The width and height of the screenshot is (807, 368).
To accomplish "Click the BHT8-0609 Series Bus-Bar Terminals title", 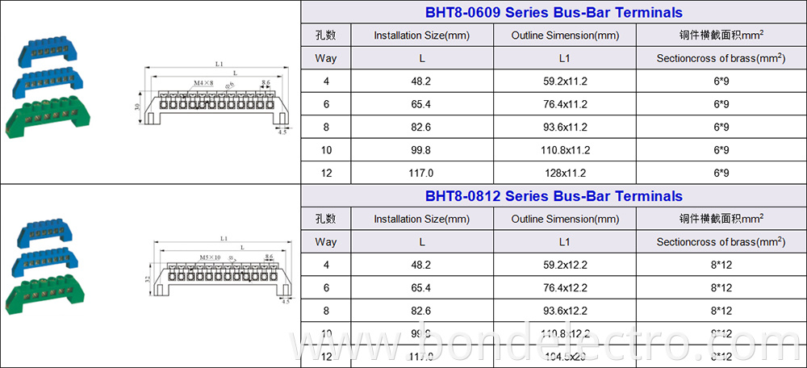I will pyautogui.click(x=553, y=13).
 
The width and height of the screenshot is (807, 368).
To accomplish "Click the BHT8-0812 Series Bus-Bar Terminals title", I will pyautogui.click(x=553, y=196).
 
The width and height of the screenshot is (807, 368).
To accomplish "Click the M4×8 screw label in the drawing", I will pyautogui.click(x=203, y=83).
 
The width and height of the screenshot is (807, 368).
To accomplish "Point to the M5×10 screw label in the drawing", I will pyautogui.click(x=209, y=258).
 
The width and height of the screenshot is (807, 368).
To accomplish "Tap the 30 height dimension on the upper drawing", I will pyautogui.click(x=138, y=107).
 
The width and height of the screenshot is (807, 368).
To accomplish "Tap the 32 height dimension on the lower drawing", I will pyautogui.click(x=148, y=278).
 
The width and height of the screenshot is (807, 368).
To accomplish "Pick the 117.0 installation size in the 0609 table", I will pyautogui.click(x=421, y=173).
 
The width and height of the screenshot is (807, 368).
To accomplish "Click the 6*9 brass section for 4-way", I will pyautogui.click(x=721, y=81).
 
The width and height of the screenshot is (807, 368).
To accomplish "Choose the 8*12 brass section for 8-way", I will pyautogui.click(x=721, y=311).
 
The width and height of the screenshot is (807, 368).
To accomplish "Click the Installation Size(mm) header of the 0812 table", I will pyautogui.click(x=421, y=219).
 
